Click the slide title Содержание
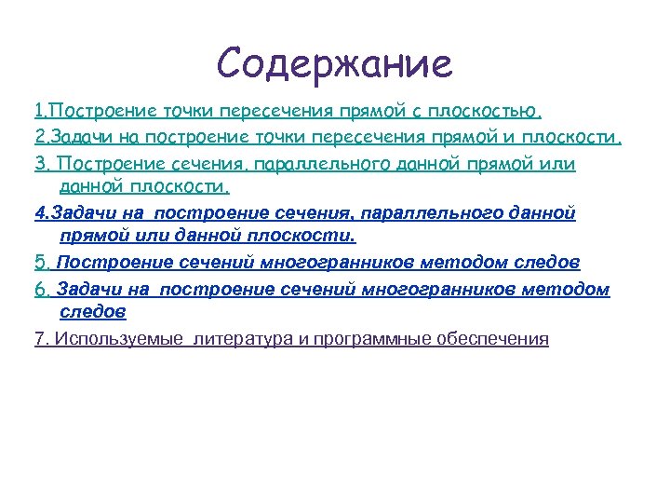[x=334, y=63]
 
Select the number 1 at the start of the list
[x=38, y=112]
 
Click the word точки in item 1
[x=185, y=112]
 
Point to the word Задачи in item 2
[x=75, y=138]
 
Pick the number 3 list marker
[x=39, y=164]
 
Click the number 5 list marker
[x=39, y=264]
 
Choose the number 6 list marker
[x=39, y=291]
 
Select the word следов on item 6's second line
[x=92, y=310]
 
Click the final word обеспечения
[x=497, y=338]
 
